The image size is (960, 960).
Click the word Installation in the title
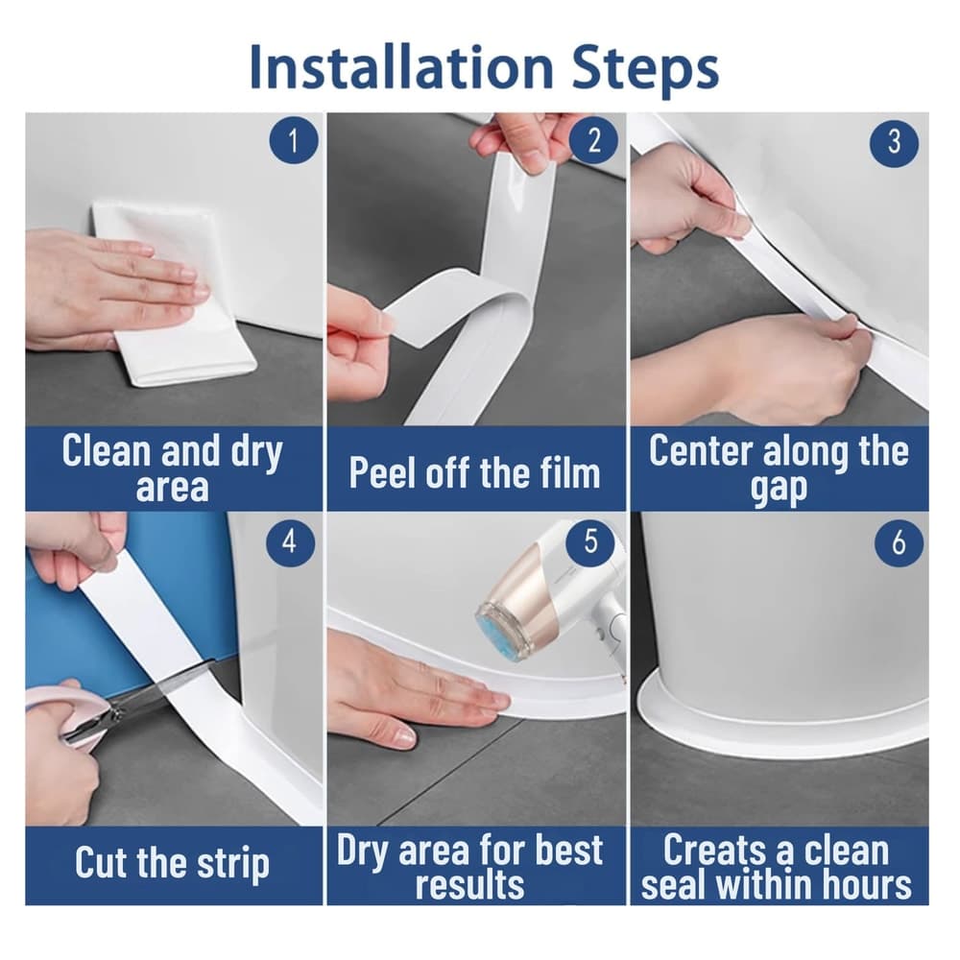(401, 67)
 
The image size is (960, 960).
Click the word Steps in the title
(645, 68)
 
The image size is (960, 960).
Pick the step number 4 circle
(290, 541)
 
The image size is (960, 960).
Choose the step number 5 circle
(590, 540)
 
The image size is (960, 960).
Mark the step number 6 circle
(899, 542)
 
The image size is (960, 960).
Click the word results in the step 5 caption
(469, 885)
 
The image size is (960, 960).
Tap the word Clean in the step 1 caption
(107, 450)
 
